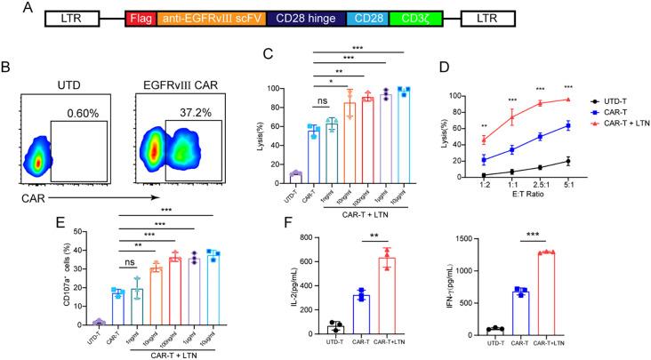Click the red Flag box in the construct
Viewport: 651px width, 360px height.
[x=141, y=18]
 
